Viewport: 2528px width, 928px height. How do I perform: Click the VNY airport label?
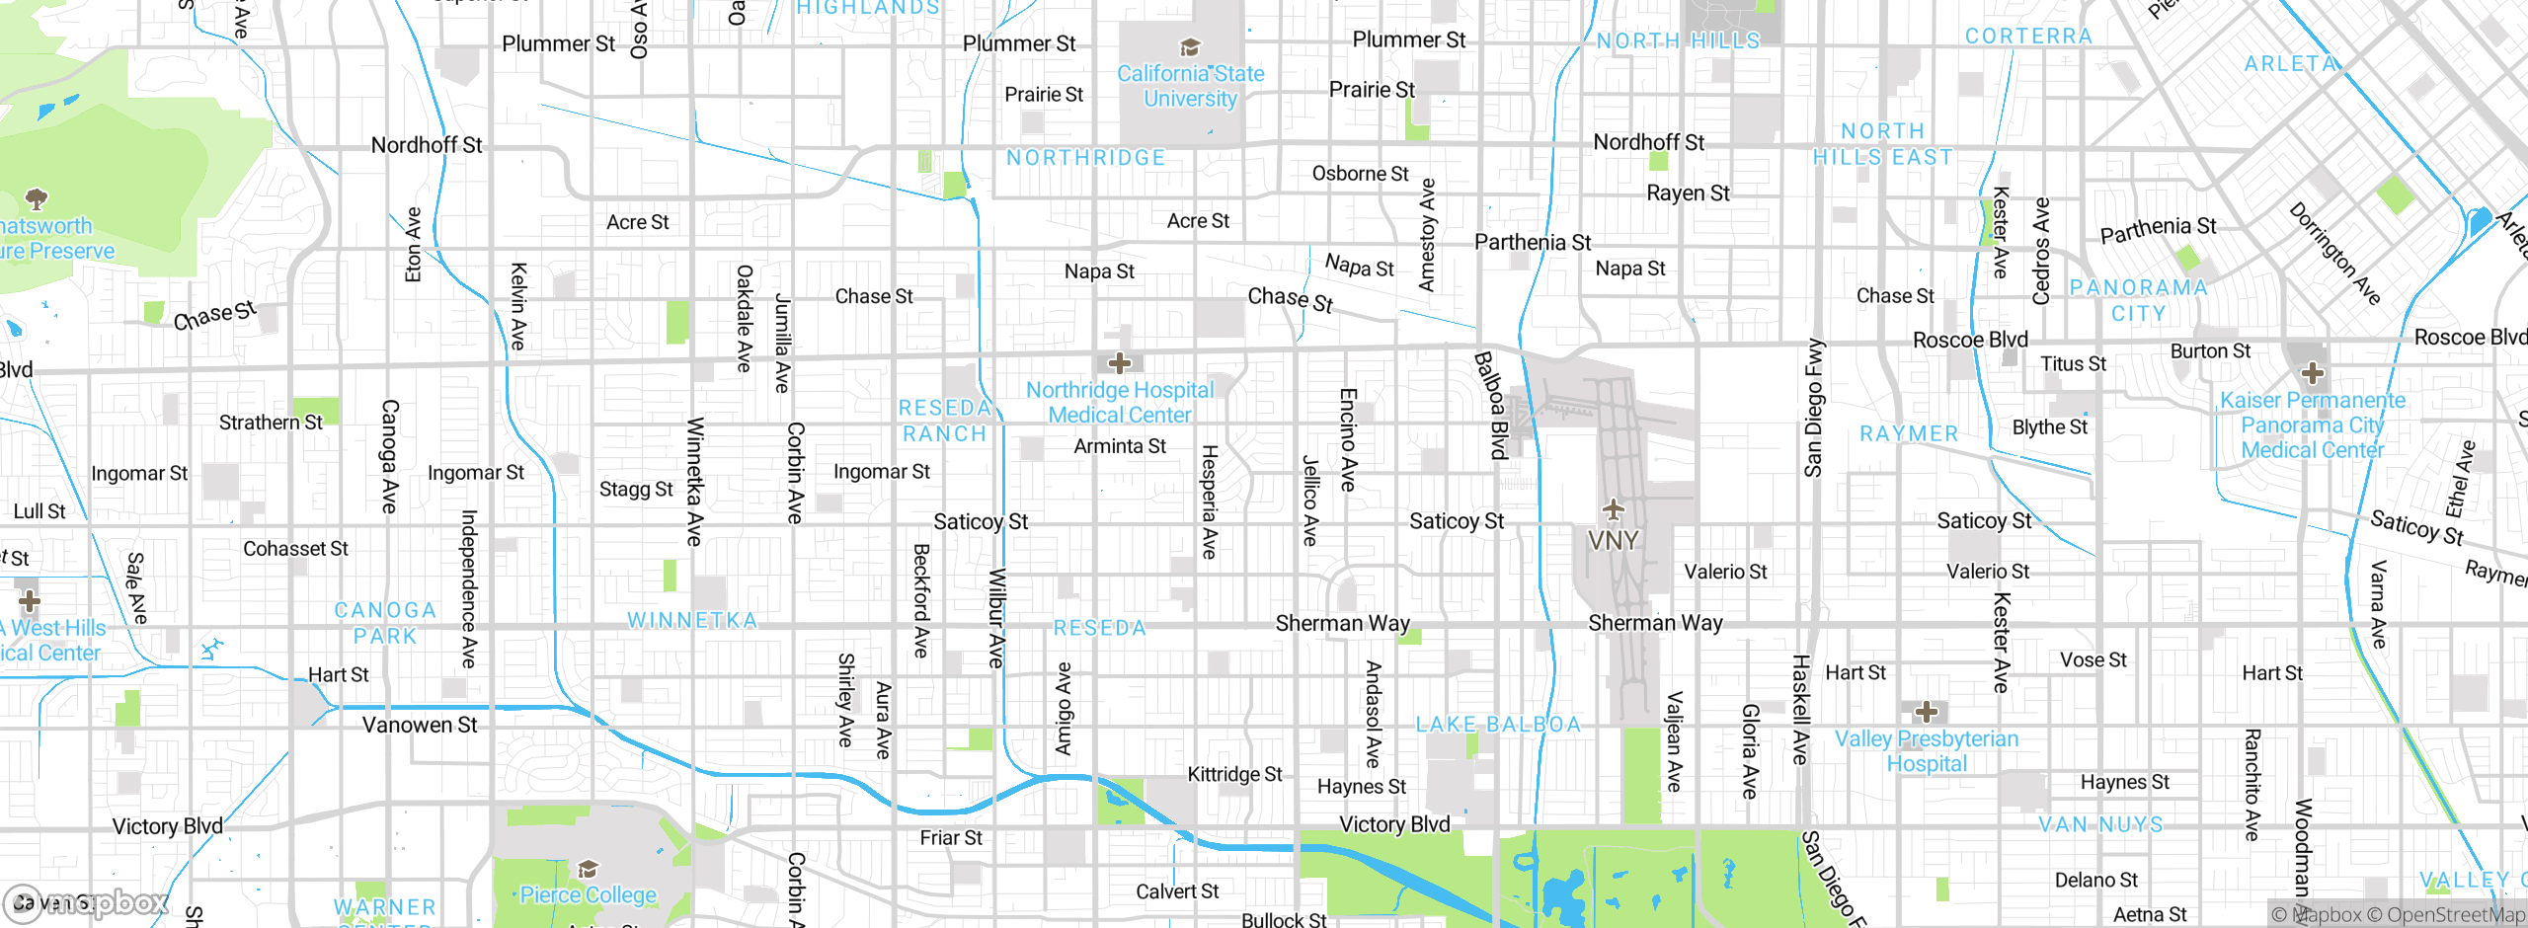click(x=1613, y=541)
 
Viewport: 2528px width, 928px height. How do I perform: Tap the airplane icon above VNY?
click(x=1613, y=509)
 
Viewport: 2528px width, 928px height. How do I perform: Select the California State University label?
click(x=1190, y=86)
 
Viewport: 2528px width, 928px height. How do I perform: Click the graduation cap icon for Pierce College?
click(x=589, y=869)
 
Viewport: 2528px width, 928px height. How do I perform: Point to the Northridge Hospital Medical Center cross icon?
click(x=1119, y=363)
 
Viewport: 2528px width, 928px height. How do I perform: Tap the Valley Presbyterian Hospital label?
click(x=1926, y=751)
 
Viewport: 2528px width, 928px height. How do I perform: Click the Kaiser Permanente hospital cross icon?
click(x=2312, y=374)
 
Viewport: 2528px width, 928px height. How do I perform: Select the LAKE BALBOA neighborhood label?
click(x=1498, y=725)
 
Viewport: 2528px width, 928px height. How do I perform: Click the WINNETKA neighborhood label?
click(x=692, y=621)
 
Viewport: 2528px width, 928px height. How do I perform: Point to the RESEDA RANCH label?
click(x=945, y=422)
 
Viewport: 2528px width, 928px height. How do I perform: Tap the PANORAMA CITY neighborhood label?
click(x=2138, y=300)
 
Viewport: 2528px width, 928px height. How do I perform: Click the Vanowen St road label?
click(x=420, y=726)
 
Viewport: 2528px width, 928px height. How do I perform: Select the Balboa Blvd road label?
click(x=1491, y=405)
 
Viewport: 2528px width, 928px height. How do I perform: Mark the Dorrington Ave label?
click(x=2334, y=254)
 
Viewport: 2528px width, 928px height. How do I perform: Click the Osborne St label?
click(x=1360, y=174)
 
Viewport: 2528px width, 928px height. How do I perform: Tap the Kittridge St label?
click(x=1234, y=774)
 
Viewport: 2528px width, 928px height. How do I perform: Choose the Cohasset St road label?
click(x=295, y=549)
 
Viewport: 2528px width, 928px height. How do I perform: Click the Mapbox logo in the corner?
click(x=84, y=902)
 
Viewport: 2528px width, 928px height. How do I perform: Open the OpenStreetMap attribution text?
click(x=2455, y=915)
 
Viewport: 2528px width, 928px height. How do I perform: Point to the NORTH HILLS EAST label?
click(x=1882, y=144)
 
